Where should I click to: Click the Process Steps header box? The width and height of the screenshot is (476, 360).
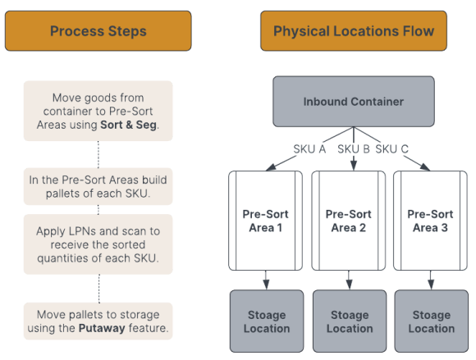click(98, 31)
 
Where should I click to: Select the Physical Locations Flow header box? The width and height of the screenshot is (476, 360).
click(354, 31)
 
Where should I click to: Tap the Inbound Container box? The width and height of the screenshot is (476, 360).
click(354, 102)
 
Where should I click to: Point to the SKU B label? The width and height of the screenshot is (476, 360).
click(355, 149)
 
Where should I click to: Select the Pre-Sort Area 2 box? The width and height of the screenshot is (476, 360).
click(349, 221)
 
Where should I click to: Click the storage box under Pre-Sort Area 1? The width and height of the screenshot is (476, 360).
click(267, 321)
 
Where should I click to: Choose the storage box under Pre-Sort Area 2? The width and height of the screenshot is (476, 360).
click(349, 321)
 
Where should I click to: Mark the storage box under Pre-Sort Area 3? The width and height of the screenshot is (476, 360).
click(432, 321)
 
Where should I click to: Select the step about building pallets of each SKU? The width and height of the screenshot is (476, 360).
click(98, 186)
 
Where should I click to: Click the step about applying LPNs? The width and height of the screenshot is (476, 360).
click(98, 244)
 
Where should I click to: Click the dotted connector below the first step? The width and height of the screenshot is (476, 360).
click(98, 153)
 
